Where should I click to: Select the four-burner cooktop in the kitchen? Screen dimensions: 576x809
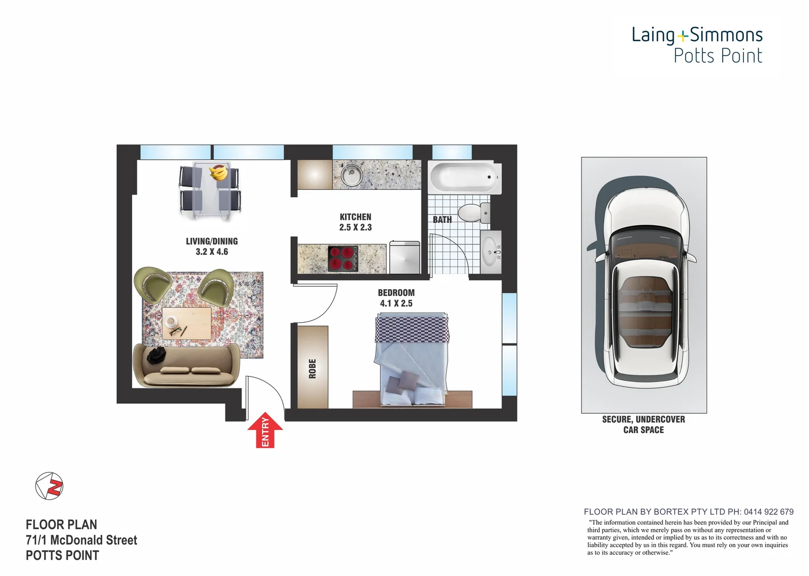tap(342, 259)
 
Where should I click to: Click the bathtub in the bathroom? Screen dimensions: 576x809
tap(464, 178)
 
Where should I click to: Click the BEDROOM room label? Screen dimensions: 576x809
tap(396, 293)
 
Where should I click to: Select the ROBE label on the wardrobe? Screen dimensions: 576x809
tap(312, 369)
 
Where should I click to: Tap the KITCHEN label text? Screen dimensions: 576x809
tap(355, 217)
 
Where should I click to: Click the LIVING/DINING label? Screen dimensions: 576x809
tap(212, 241)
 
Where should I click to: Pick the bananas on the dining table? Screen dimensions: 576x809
tap(219, 173)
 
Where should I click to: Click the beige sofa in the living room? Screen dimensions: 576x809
tap(186, 366)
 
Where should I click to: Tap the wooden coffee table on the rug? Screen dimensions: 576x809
tap(187, 323)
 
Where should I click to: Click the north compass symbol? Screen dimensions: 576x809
tap(49, 486)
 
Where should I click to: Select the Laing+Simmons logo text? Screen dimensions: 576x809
tap(697, 35)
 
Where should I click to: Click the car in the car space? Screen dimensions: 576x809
tap(644, 285)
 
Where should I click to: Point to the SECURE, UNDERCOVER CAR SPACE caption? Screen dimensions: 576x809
tap(643, 425)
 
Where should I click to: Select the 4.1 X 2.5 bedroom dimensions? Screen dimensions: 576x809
tap(396, 303)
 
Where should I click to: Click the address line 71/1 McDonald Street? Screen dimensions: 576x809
tap(81, 540)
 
